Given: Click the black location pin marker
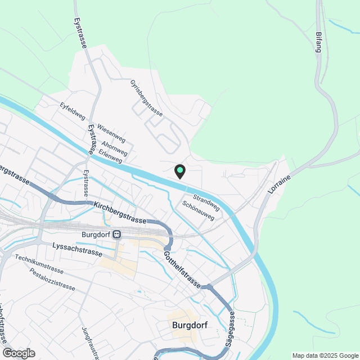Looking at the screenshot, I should pos(179,172).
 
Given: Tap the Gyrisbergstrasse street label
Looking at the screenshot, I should pos(146,98).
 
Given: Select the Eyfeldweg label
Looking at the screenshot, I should pos(73,111).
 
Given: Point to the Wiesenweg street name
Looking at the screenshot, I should pos(111,133).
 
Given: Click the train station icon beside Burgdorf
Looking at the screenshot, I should pos(116,235).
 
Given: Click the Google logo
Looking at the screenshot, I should pos(18,353).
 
